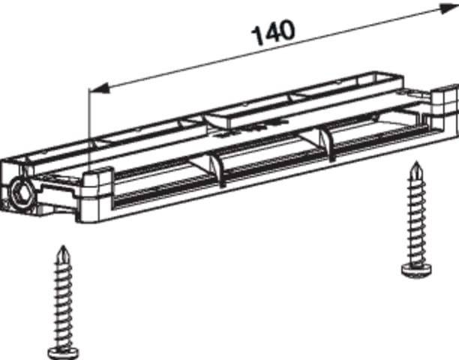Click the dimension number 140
point(274,32)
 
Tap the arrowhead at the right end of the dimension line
point(448,9)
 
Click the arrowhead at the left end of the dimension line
point(100,88)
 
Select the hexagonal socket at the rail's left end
point(22,194)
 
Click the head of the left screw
point(63,353)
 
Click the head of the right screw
point(416,269)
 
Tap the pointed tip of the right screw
point(416,162)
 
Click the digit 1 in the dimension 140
point(259,36)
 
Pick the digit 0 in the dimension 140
point(286,29)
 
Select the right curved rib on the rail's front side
point(327,144)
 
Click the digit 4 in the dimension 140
point(272,32)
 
